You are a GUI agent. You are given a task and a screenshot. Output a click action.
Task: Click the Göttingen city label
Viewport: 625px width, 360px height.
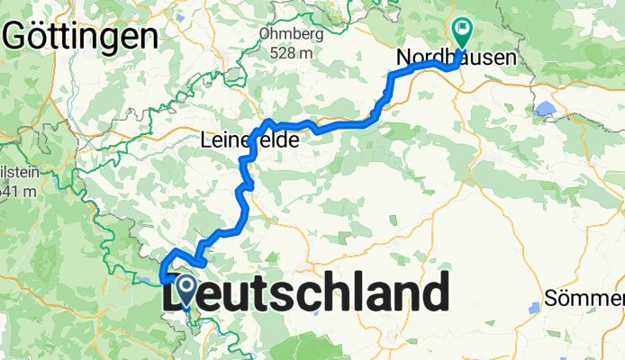coord(81,36)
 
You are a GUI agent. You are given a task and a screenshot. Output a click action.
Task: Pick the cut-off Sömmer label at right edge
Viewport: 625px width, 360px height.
coord(584,299)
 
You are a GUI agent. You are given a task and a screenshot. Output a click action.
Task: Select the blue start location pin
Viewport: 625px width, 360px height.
coord(186,291)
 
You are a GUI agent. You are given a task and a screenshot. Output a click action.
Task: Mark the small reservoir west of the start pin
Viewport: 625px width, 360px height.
coord(147,281)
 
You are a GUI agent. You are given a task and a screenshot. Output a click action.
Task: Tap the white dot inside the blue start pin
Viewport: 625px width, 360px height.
coord(186,286)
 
